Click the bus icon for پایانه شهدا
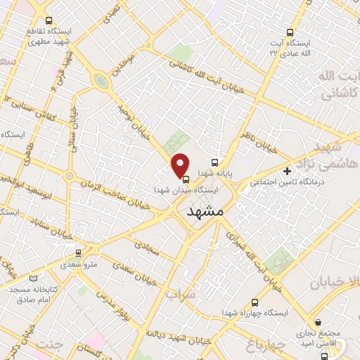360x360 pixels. tap(214, 160)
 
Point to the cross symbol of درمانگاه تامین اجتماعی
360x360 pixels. tap(287, 171)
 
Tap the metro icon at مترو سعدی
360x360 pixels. tap(78, 252)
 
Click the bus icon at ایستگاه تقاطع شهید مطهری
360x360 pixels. tap(48, 21)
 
